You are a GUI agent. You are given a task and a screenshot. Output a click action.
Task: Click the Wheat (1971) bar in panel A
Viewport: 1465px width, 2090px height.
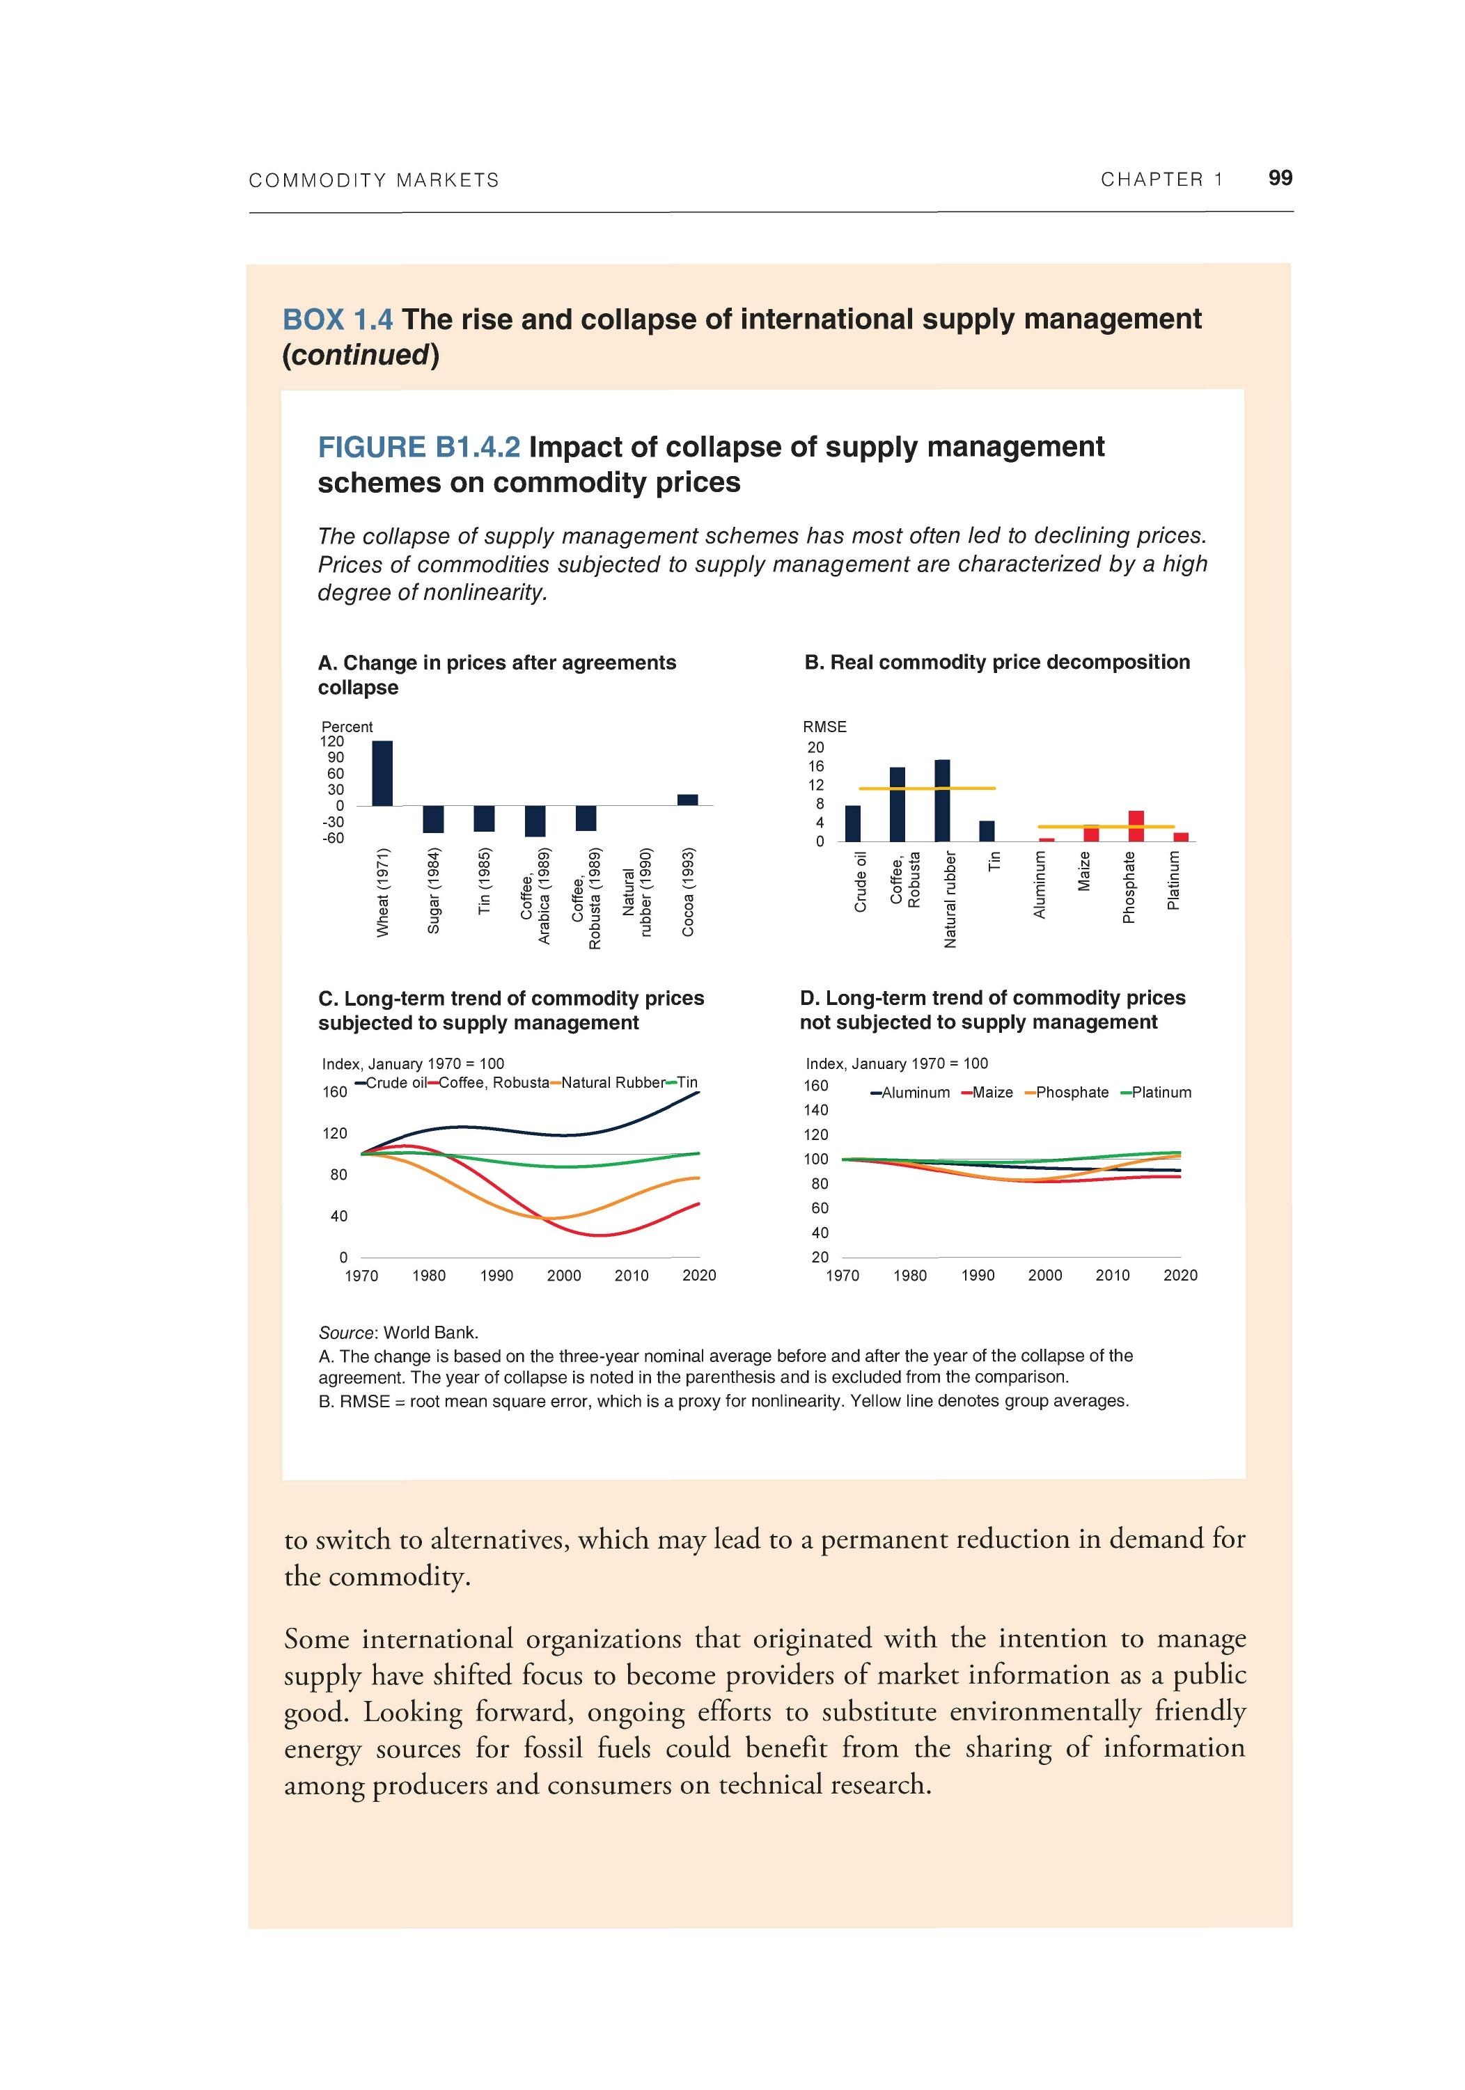pos(382,773)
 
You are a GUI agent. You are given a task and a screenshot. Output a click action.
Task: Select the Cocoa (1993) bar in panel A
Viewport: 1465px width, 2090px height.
pos(687,799)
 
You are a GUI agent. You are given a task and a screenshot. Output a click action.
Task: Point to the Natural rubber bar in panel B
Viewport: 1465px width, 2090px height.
pos(942,800)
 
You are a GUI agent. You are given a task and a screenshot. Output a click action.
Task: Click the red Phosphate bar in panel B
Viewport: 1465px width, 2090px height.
pos(1136,825)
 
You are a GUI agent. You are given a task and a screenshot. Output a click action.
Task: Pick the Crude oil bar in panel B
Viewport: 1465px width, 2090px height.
pos(852,823)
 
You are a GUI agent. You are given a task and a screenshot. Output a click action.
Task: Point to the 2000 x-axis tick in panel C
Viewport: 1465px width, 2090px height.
pos(563,1275)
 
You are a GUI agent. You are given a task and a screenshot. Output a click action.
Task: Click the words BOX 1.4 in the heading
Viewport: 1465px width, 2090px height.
pos(337,319)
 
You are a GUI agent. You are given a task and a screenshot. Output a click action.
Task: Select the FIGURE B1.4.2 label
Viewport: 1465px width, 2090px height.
pos(419,447)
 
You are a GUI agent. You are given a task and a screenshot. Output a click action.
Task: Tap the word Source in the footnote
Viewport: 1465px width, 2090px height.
pos(346,1333)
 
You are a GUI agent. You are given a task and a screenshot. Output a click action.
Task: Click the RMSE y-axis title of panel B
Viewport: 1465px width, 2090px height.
pos(824,727)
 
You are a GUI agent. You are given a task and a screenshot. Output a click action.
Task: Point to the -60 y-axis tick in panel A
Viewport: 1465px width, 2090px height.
pos(334,837)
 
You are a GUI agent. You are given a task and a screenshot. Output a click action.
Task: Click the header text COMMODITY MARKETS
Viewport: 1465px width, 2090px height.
pos(373,180)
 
